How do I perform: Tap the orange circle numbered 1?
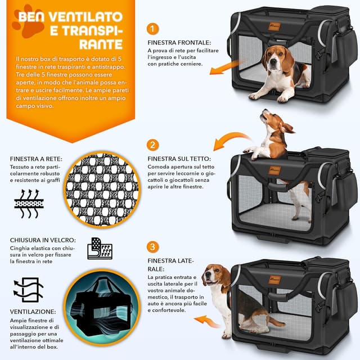coord(153,29)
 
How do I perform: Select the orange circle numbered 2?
coord(153,145)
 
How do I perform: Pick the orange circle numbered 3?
coord(153,247)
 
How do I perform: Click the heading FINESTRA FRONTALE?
coord(179,42)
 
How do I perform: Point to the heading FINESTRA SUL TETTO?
coord(179,159)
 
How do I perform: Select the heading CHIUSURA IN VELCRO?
coord(43,240)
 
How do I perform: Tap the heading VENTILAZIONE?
coord(33,311)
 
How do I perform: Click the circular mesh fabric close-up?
coord(102,190)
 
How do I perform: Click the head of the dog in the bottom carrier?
coord(214,276)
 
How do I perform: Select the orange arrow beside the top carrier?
coord(224,68)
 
